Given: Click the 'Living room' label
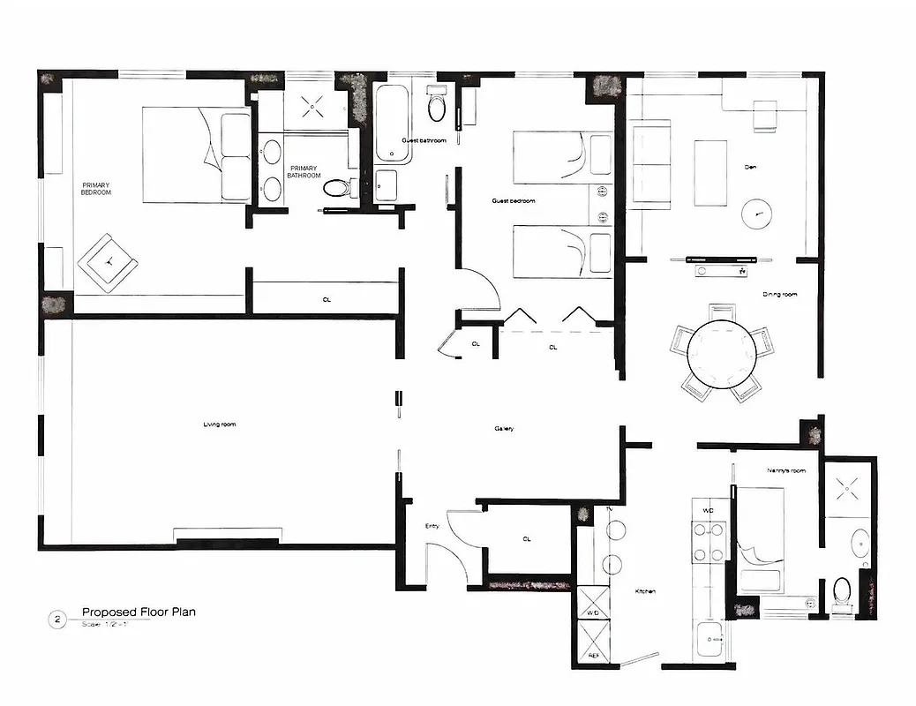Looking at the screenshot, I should tap(219, 424).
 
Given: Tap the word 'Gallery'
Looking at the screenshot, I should tap(504, 429).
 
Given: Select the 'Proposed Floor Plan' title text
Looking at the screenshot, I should tap(139, 612).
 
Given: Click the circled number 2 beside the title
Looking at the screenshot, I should tap(57, 620).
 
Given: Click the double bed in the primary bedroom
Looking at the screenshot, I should tap(197, 154).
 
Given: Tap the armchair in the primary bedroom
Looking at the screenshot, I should tap(109, 261).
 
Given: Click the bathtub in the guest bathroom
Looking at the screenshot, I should tap(392, 123).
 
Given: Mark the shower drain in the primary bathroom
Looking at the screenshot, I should tap(312, 109).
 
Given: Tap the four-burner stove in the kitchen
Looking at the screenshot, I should tap(709, 543).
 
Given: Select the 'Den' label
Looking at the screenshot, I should tap(751, 166).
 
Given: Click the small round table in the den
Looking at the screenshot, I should tap(755, 214).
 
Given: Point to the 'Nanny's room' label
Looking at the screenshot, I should tap(786, 470).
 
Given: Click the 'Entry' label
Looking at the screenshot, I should tap(432, 526).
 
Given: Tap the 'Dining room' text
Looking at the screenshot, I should tap(779, 294).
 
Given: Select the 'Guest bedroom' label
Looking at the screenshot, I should tap(513, 201).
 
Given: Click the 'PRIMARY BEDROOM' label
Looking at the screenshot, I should tap(96, 188).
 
